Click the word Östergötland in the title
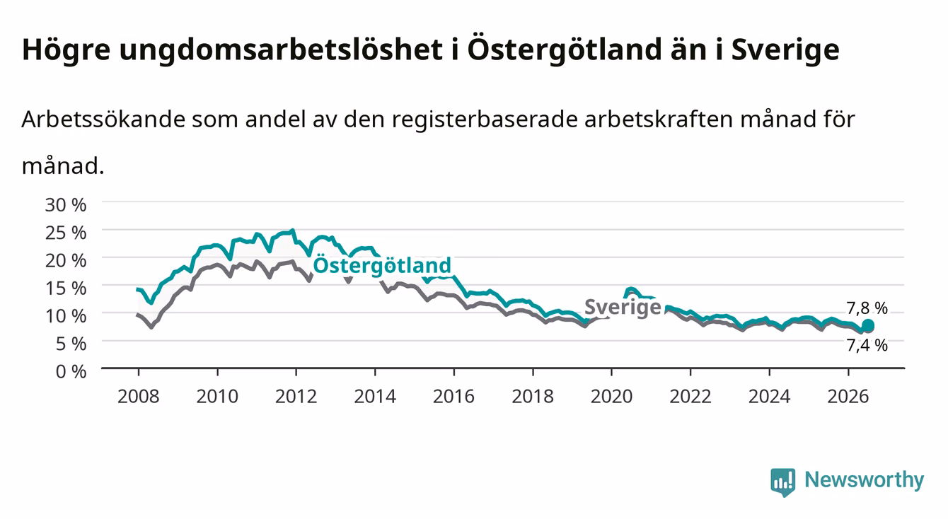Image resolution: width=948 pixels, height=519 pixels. coord(565,50)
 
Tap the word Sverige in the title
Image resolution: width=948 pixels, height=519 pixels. coord(785,50)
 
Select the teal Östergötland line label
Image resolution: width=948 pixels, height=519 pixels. coord(382,266)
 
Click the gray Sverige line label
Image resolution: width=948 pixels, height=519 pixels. coord(623,307)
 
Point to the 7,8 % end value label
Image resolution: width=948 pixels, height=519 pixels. coord(867,308)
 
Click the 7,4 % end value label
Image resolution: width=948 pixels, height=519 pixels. coord(867,346)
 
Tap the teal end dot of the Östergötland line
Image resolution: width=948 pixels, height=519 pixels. coord(868,325)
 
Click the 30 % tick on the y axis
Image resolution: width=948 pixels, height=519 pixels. coord(66,205)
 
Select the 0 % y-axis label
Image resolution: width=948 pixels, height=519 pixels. coord(71,371)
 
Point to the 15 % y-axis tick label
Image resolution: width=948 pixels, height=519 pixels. coord(66,288)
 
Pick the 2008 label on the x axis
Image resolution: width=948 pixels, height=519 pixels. coord(139,397)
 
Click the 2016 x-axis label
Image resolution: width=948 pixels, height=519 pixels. coord(453,397)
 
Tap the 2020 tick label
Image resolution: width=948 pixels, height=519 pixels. coord(611,397)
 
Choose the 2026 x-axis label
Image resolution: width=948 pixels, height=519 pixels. coord(848,397)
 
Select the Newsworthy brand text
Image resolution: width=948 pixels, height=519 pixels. coord(865,480)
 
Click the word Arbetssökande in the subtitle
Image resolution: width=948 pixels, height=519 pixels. coord(103,119)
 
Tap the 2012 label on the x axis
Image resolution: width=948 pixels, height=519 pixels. coord(296,397)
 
